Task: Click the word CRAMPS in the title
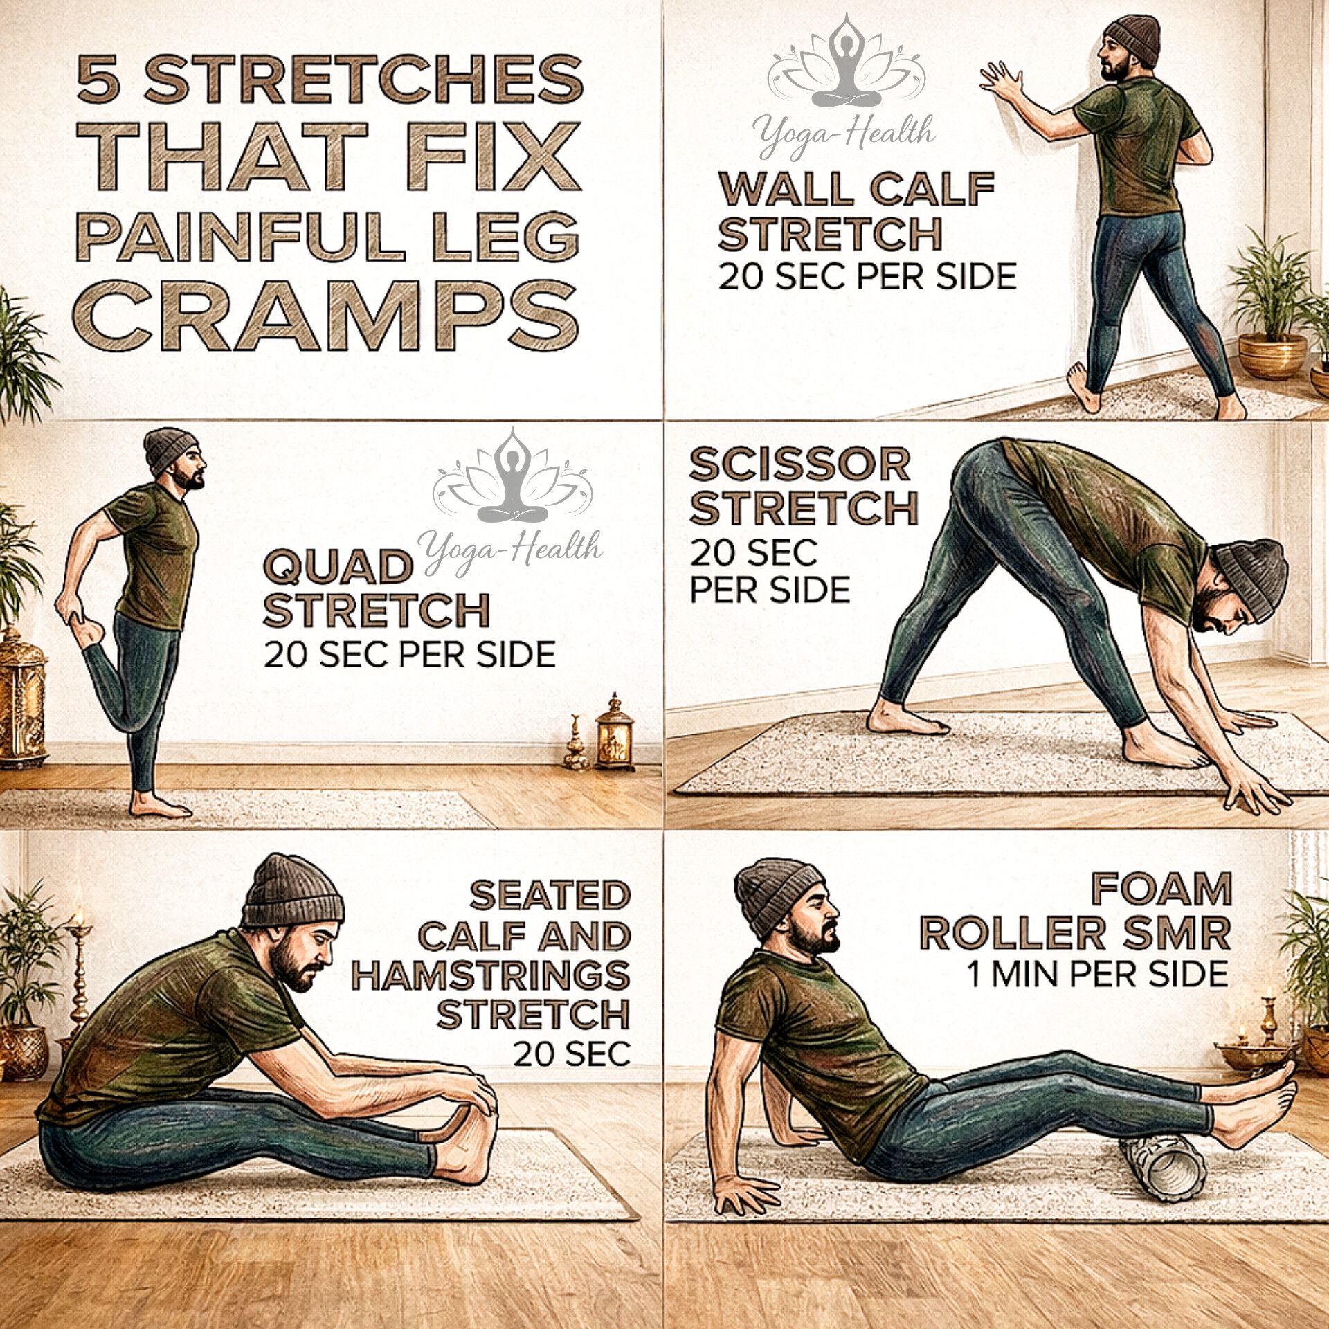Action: (325, 315)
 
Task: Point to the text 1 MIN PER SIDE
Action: (1097, 974)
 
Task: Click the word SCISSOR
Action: (799, 464)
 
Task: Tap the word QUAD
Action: (338, 568)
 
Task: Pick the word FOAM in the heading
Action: (1161, 889)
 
